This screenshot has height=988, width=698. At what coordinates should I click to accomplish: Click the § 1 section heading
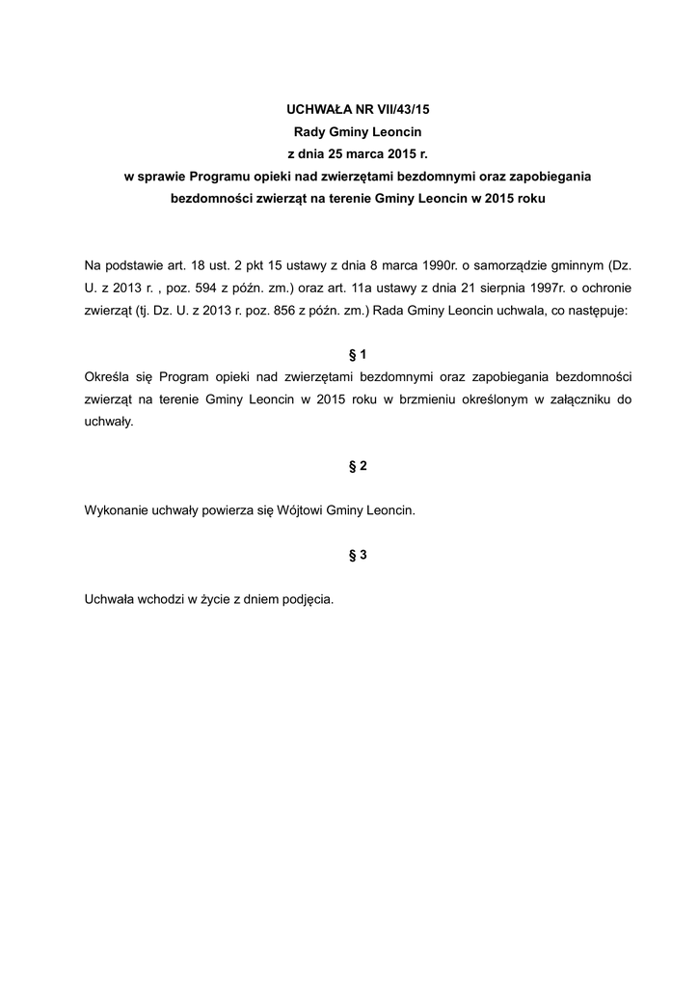(358, 354)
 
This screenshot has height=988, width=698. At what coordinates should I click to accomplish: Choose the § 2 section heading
(358, 466)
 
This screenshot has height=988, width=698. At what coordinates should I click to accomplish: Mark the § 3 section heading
(358, 555)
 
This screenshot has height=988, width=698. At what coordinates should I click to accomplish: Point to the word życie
(213, 599)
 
